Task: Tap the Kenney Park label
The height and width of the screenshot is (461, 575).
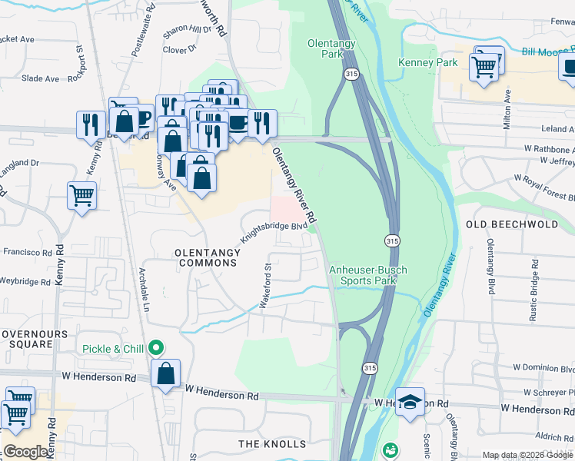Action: [x=427, y=62]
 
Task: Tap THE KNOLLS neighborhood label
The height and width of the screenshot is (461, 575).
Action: [x=272, y=444]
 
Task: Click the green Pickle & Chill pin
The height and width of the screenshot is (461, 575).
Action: [x=156, y=348]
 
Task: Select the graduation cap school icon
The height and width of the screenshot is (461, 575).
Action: [x=410, y=401]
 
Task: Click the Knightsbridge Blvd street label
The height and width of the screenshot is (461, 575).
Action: [x=274, y=231]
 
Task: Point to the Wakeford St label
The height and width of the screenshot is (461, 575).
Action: [x=266, y=287]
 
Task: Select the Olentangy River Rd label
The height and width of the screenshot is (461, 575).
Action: [x=295, y=187]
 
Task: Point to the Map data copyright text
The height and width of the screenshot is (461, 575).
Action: [x=527, y=455]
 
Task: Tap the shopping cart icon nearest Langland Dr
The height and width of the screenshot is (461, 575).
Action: [x=81, y=195]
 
